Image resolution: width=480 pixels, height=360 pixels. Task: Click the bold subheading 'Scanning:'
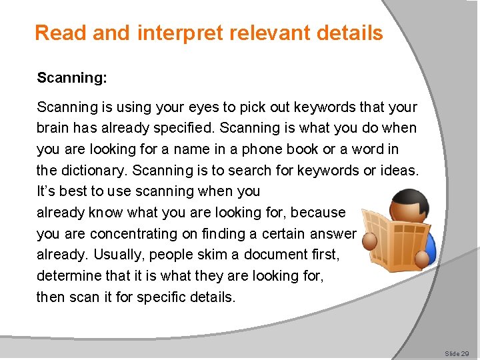pos(72,78)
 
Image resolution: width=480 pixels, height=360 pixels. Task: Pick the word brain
pos(53,127)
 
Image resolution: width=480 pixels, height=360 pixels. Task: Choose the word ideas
pos(399,170)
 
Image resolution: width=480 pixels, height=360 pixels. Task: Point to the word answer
pos(335,234)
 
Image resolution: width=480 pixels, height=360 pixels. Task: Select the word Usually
pos(117,255)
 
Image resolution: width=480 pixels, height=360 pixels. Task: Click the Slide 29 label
pos(457,353)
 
